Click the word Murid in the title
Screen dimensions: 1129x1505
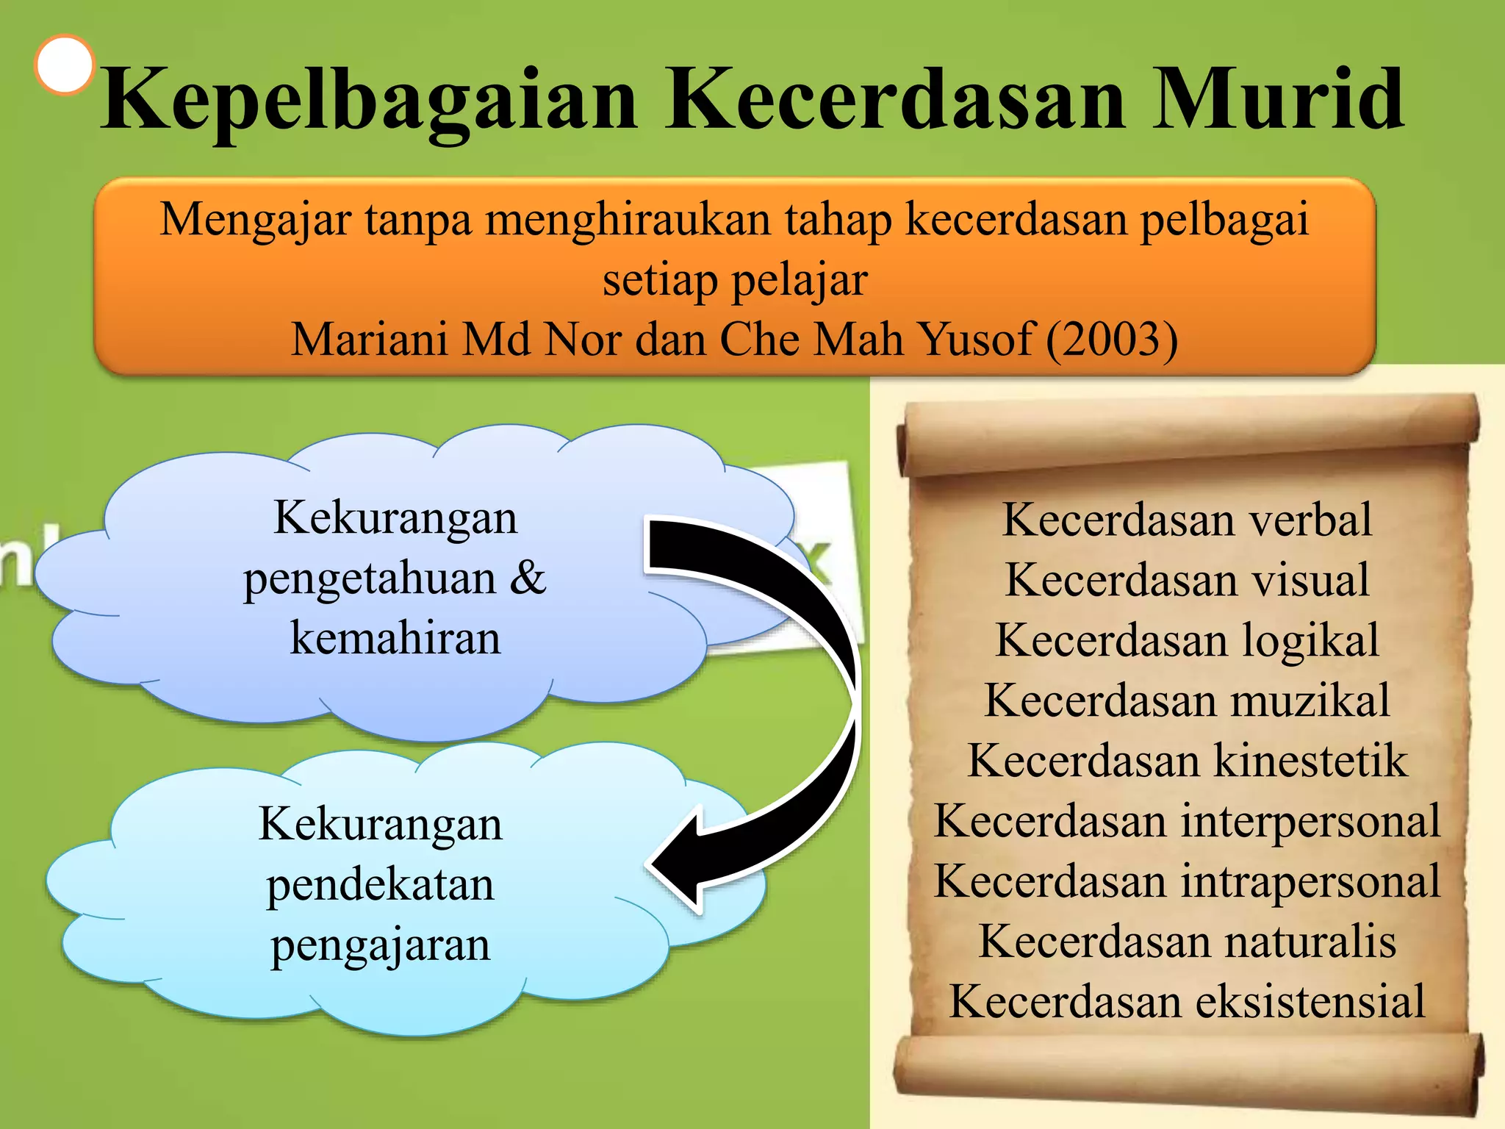1277,99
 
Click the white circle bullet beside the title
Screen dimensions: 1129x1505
65,65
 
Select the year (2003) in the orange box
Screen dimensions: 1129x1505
1112,339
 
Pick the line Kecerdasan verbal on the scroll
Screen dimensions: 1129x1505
1187,520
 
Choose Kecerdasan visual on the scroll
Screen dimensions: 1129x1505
1187,580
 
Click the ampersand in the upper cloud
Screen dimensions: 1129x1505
528,578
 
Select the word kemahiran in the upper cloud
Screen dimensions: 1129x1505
395,638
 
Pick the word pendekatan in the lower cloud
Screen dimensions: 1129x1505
380,884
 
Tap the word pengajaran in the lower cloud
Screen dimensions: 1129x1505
380,945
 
